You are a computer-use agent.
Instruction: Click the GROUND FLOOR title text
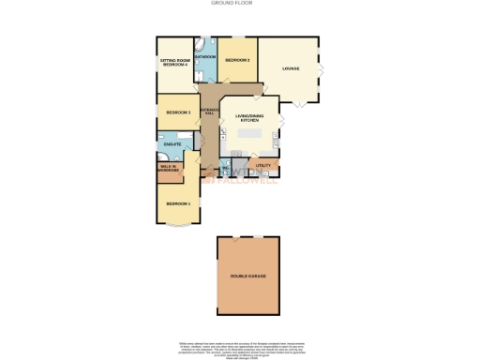coord(239,3)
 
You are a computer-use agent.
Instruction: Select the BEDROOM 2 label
coord(237,61)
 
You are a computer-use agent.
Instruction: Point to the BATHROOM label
coord(205,58)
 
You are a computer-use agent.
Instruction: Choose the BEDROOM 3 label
coord(178,113)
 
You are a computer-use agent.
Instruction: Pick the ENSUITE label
coord(172,143)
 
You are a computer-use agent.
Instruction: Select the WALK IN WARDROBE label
coord(170,168)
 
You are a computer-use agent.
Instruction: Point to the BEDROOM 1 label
coord(178,203)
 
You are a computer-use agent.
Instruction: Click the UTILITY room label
coord(263,166)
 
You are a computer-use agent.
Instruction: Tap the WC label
coord(227,169)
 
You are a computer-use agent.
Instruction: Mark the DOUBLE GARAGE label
coord(248,277)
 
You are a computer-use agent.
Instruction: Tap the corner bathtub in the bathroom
coord(201,44)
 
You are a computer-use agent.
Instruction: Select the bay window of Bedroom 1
coord(178,226)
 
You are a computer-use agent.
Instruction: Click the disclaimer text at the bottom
coord(239,349)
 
